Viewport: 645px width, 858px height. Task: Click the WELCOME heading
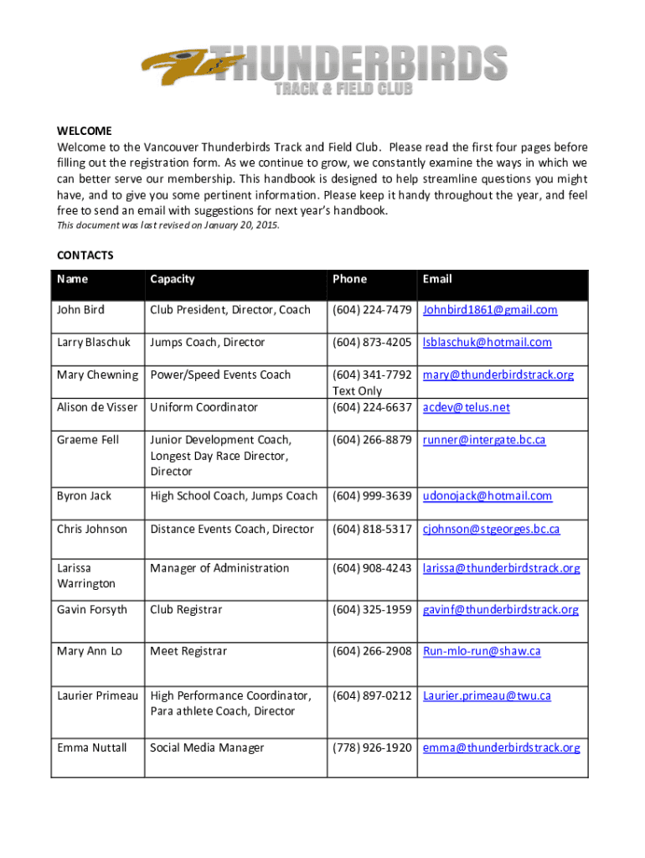pos(85,131)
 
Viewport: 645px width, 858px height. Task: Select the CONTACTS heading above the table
pos(85,255)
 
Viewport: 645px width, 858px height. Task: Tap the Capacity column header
pos(172,279)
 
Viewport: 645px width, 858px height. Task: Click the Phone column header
pos(349,279)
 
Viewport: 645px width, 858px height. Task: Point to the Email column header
pos(437,279)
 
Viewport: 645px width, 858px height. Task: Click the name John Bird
pos(80,310)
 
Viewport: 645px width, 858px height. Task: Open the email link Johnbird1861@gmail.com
pos(490,310)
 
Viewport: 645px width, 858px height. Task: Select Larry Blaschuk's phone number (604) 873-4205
pos(372,342)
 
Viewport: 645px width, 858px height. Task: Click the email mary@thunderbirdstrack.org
pos(498,375)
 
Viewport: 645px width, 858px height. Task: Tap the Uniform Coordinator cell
pos(204,407)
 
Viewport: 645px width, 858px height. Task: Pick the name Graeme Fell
pos(87,440)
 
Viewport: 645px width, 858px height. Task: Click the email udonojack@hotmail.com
pos(488,496)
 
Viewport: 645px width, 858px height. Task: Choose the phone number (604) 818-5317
pos(372,529)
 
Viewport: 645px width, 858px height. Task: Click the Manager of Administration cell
pos(219,568)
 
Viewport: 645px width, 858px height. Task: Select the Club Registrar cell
pos(186,609)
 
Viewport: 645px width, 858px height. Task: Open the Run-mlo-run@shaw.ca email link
pos(482,651)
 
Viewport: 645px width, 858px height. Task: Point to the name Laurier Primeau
pos(97,695)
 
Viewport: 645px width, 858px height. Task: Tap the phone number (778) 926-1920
pos(372,747)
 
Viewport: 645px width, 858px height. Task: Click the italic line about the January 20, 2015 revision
pos(168,226)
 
